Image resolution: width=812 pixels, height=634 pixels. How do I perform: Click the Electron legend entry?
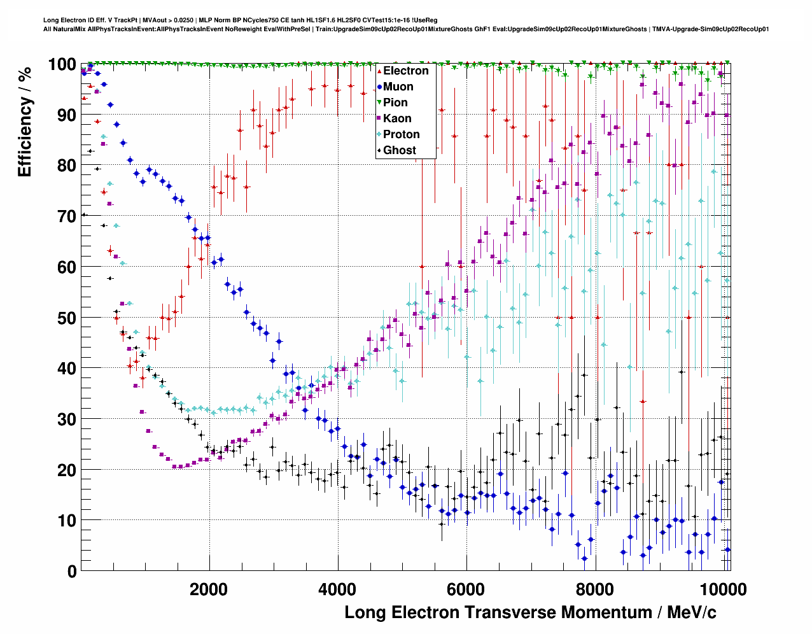coord(405,71)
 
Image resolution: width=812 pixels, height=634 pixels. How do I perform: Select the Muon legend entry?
coord(398,87)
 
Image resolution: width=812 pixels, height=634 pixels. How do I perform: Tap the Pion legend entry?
coord(395,102)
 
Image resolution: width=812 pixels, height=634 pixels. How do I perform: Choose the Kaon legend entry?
coord(397,118)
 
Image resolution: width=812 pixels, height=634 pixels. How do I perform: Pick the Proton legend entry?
coord(401,134)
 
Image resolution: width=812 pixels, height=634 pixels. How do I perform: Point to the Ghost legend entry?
coord(399,150)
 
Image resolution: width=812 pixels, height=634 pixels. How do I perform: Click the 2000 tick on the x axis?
coord(209,589)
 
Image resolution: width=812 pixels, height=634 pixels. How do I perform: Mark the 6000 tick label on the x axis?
coord(466,589)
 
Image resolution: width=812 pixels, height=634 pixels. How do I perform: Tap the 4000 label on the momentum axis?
coord(337,589)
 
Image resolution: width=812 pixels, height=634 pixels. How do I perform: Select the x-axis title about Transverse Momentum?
coord(530,613)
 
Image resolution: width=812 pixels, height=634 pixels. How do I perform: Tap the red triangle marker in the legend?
coord(379,71)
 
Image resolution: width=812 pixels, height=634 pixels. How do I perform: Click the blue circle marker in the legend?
coord(379,87)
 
